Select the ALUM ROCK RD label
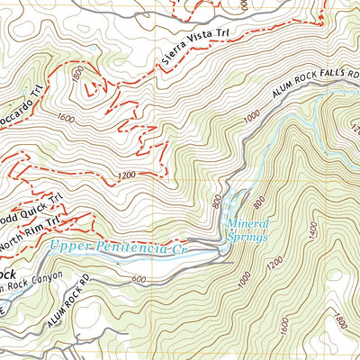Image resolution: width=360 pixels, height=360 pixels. tap(89, 303)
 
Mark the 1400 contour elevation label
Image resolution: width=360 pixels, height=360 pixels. tap(312, 231)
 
